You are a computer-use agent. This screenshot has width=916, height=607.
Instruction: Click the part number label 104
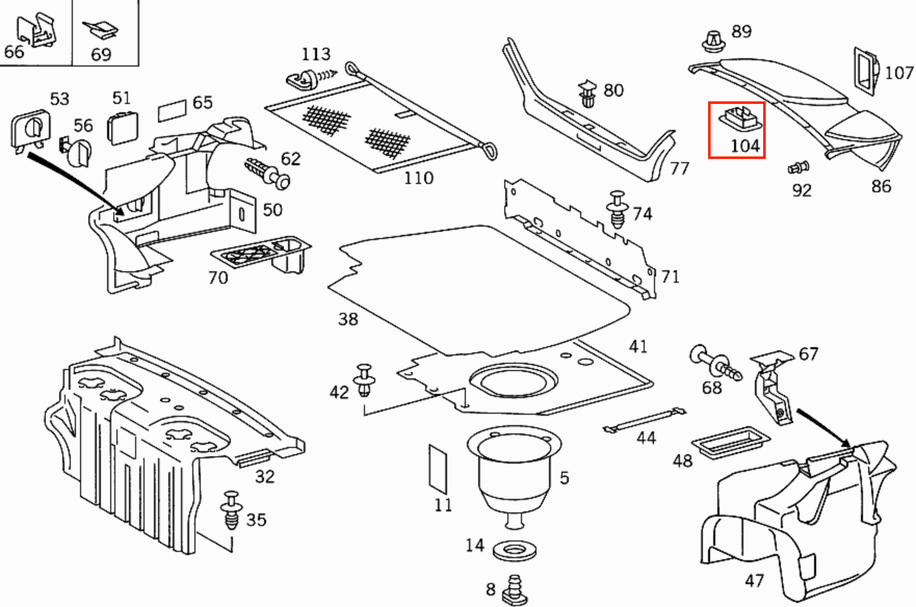coord(745,146)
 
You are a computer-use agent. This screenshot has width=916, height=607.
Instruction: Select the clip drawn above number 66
coord(36,30)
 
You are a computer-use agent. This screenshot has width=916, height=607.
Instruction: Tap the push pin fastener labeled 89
coord(714,41)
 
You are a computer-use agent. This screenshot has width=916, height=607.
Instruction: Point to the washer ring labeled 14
coord(514,551)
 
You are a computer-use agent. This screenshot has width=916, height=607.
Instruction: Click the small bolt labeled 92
coord(797,168)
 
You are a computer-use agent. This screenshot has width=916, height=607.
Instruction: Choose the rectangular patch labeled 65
coord(172,110)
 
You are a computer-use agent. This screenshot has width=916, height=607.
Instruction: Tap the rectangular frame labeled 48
coord(730,442)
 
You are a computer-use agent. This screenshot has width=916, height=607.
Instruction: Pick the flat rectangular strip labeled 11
coord(438,468)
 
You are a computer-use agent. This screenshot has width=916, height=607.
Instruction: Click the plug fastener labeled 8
coord(514,590)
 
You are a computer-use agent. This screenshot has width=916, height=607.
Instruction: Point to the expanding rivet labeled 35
coord(231,509)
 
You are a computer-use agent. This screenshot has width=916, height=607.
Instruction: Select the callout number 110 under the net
coord(418,178)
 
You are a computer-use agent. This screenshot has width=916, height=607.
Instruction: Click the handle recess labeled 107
coord(865,71)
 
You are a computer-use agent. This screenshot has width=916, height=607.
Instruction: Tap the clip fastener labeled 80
coord(587,94)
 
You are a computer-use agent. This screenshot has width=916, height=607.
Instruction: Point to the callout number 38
coord(348,319)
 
